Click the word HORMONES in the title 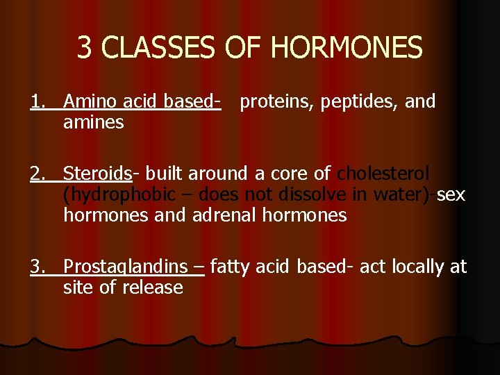tap(346, 48)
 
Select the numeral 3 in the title tap(84, 48)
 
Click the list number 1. tap(37, 102)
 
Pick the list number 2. tap(37, 173)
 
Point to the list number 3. tap(37, 267)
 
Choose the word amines tap(93, 123)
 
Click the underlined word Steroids tap(97, 173)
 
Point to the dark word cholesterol tap(383, 173)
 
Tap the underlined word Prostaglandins tap(125, 267)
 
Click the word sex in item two tap(451, 194)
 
